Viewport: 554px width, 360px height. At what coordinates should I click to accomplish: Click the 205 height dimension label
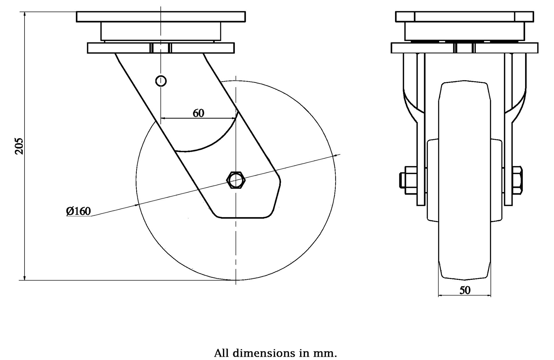[x=19, y=146]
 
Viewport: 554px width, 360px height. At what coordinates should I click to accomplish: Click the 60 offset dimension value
[x=199, y=113]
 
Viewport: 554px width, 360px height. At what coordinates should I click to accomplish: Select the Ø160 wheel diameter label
[x=78, y=211]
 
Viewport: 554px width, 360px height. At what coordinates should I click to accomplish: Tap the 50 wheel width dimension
[x=465, y=290]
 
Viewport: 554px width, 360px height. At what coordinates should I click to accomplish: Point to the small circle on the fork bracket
[x=161, y=81]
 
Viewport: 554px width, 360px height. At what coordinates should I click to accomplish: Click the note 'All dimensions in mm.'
[x=275, y=353]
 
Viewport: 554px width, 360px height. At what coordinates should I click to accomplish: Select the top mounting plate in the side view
[x=161, y=17]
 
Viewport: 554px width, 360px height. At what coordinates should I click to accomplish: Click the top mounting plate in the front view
[x=465, y=17]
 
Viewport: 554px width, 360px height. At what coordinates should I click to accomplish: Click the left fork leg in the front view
[x=421, y=130]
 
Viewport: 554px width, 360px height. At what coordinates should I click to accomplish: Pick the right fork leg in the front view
[x=508, y=130]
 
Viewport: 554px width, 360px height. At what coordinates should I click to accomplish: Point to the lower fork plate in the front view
[x=465, y=48]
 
